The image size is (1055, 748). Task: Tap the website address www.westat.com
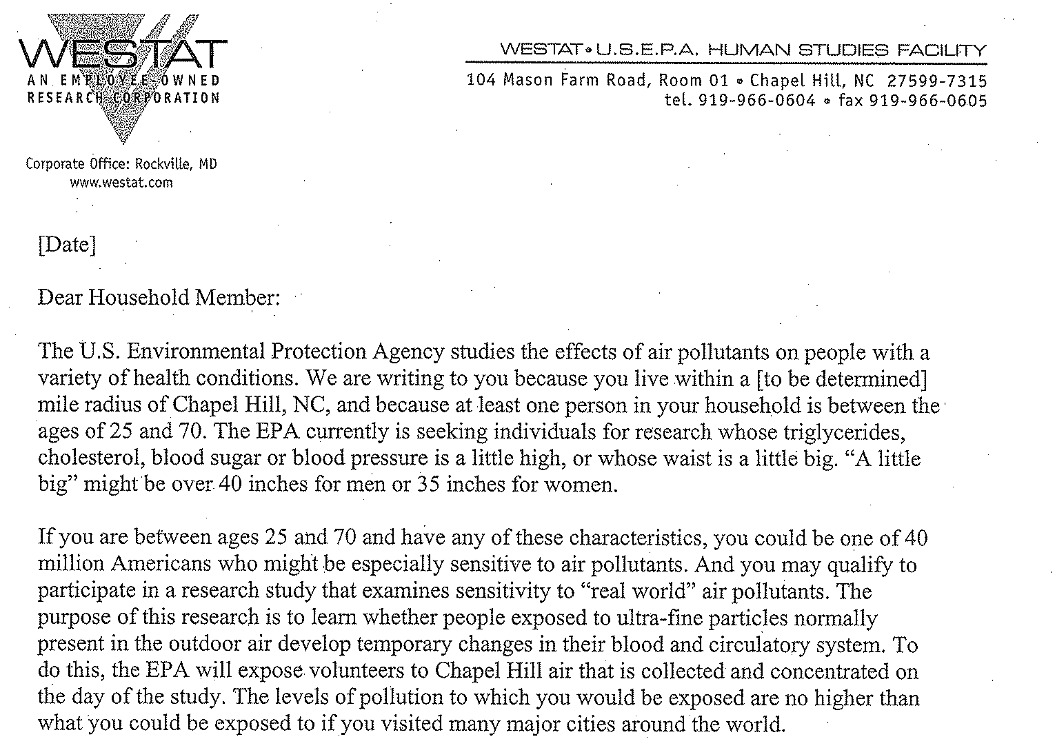click(x=121, y=183)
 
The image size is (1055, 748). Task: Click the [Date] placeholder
click(x=67, y=245)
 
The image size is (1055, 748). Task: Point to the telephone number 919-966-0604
click(x=757, y=101)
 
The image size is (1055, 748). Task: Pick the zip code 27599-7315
click(x=937, y=80)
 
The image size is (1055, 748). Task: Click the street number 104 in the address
click(x=481, y=80)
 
